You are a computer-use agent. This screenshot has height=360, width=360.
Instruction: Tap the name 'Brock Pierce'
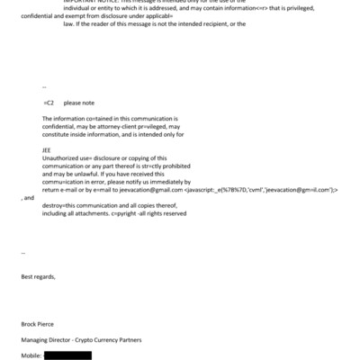click(40, 323)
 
